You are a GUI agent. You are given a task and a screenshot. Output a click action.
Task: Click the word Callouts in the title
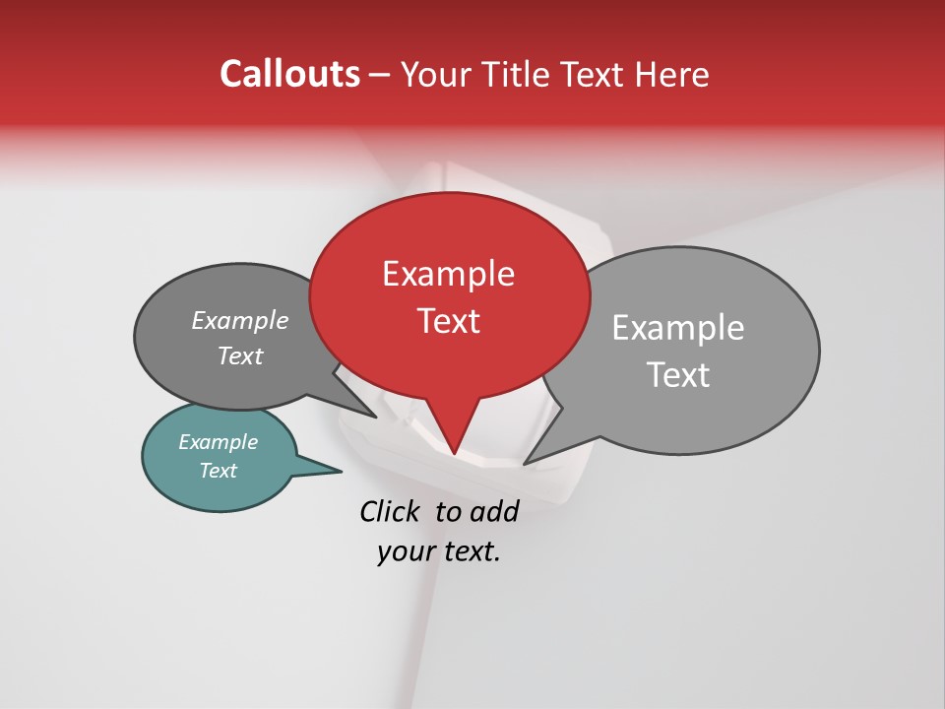[289, 74]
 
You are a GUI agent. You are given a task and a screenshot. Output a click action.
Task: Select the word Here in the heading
[671, 74]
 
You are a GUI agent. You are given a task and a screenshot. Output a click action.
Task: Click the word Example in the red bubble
[448, 274]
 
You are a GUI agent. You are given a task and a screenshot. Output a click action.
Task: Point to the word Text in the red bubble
[449, 321]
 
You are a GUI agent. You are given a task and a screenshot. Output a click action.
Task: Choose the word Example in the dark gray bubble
[240, 321]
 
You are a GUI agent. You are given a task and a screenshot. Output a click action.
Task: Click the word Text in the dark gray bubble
[240, 355]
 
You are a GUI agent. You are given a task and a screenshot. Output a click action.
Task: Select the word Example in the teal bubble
[218, 442]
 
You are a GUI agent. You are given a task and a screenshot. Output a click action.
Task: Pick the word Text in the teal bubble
[218, 471]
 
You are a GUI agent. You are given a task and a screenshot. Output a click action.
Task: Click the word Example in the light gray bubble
[678, 328]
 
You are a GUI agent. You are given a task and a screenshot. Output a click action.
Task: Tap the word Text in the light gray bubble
[679, 375]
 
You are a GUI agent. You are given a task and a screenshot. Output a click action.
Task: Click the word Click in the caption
[391, 511]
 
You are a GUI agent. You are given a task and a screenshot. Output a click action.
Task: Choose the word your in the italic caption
[405, 551]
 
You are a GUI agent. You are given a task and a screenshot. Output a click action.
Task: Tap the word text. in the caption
[469, 551]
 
